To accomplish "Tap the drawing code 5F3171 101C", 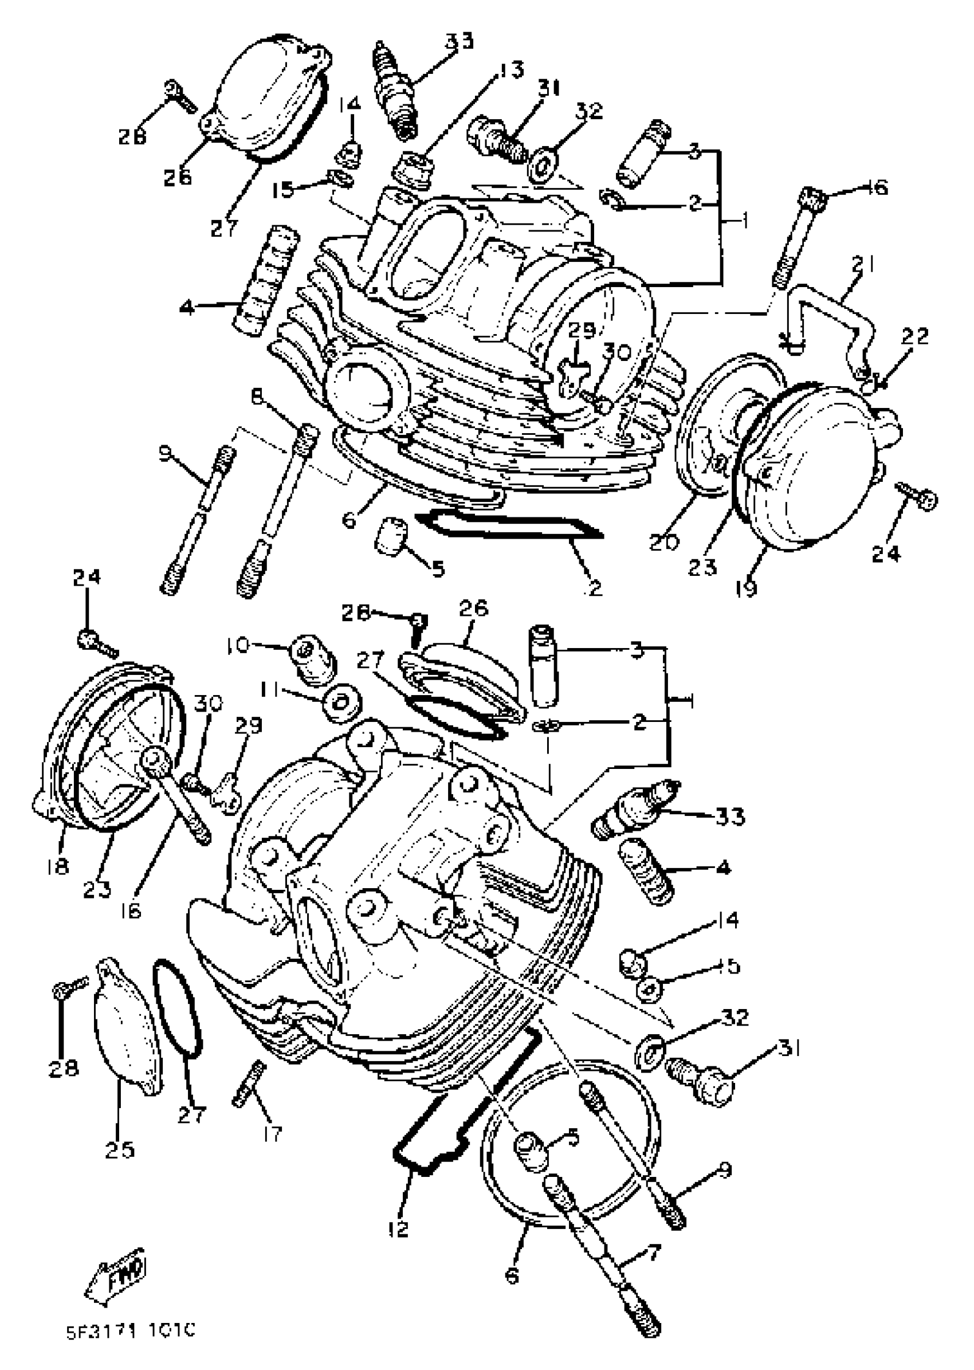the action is [x=131, y=1333].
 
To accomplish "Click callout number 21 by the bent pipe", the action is [x=862, y=264].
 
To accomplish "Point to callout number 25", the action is [x=119, y=1149].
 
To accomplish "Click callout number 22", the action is [x=914, y=336].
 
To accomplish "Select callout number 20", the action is [x=665, y=541].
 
